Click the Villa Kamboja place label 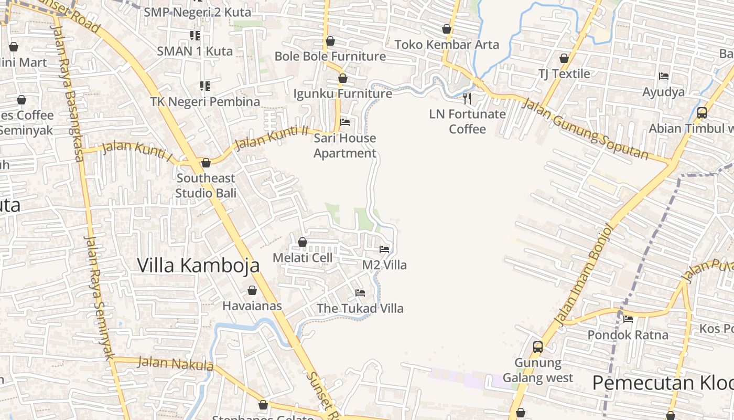(198, 265)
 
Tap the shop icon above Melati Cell (303, 242)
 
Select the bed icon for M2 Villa (384, 249)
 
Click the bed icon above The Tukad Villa (360, 292)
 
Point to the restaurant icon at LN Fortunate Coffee (467, 98)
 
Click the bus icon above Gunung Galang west (538, 346)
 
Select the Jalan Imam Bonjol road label (582, 274)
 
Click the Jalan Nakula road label (175, 363)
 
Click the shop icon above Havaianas (252, 290)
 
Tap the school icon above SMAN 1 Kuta (195, 35)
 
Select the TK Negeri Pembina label (205, 101)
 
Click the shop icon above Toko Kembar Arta (447, 29)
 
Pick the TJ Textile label (564, 73)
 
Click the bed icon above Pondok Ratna (628, 319)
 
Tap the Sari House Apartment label (345, 145)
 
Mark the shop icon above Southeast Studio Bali (206, 163)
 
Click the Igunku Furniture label (342, 93)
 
